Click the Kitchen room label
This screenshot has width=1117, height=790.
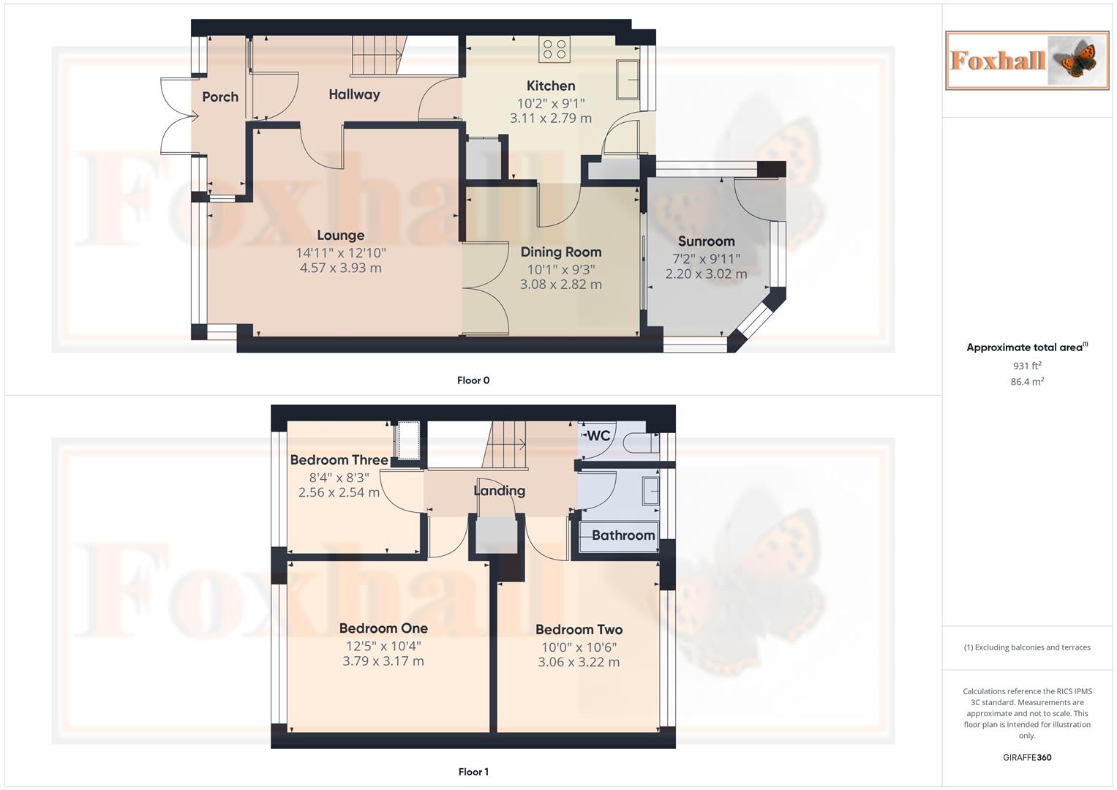coord(551,86)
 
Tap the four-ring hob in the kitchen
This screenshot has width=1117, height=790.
coord(554,50)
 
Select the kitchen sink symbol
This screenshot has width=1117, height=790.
coord(628,79)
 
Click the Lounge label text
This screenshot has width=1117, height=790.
coord(340,235)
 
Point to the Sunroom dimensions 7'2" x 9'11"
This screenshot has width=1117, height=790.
coord(706,258)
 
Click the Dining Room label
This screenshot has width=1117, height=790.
coord(561,252)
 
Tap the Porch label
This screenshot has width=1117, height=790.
coord(220,97)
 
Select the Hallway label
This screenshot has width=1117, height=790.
coord(354,94)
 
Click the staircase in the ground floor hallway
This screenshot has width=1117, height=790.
coord(377,55)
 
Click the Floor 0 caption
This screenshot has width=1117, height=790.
coord(473,380)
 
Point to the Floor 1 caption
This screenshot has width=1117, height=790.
coord(473,772)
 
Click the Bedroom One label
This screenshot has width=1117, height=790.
coord(383,628)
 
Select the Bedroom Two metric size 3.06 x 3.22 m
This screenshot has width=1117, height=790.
coord(579,662)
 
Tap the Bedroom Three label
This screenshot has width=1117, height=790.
coord(339,460)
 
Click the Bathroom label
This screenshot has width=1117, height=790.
coord(623,535)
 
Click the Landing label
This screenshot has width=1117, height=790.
coord(499,490)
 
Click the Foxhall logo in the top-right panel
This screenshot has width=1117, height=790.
coord(1027,60)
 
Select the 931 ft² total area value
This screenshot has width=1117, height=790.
coord(1027,366)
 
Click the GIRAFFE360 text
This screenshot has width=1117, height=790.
coord(1027,757)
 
